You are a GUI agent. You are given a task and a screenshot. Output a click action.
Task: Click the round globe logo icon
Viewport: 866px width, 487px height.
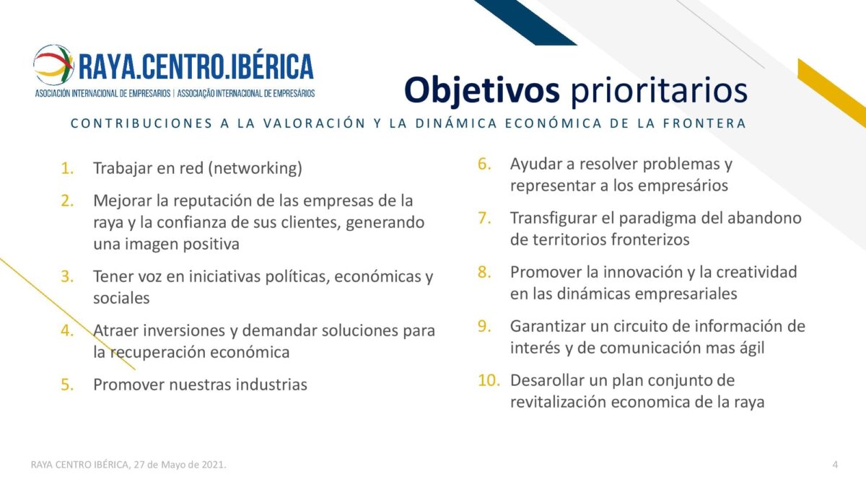(53, 65)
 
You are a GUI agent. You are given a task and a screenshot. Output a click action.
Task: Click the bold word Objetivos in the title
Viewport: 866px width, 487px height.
(482, 90)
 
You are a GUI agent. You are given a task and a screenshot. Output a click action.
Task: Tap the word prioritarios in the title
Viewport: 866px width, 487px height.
(659, 90)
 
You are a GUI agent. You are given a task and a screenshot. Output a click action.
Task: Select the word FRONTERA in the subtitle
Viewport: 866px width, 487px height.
(704, 123)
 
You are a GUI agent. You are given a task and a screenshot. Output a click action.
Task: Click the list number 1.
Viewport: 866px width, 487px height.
(67, 169)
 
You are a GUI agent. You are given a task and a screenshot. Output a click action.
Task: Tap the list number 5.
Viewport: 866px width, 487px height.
(67, 385)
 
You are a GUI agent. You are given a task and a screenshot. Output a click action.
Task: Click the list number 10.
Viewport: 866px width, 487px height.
(489, 380)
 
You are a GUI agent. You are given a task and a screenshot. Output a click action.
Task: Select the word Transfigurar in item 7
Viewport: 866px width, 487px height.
(554, 219)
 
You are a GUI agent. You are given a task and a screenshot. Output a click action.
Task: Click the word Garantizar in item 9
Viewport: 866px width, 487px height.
(548, 326)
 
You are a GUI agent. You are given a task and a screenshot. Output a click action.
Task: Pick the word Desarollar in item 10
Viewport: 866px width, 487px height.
(547, 380)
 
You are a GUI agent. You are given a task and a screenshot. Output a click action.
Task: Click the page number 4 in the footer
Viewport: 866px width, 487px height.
(835, 465)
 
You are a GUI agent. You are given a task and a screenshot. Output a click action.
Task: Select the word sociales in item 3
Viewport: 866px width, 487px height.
(121, 298)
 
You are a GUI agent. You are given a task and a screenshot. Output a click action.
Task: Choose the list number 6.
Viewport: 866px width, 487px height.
(484, 164)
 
